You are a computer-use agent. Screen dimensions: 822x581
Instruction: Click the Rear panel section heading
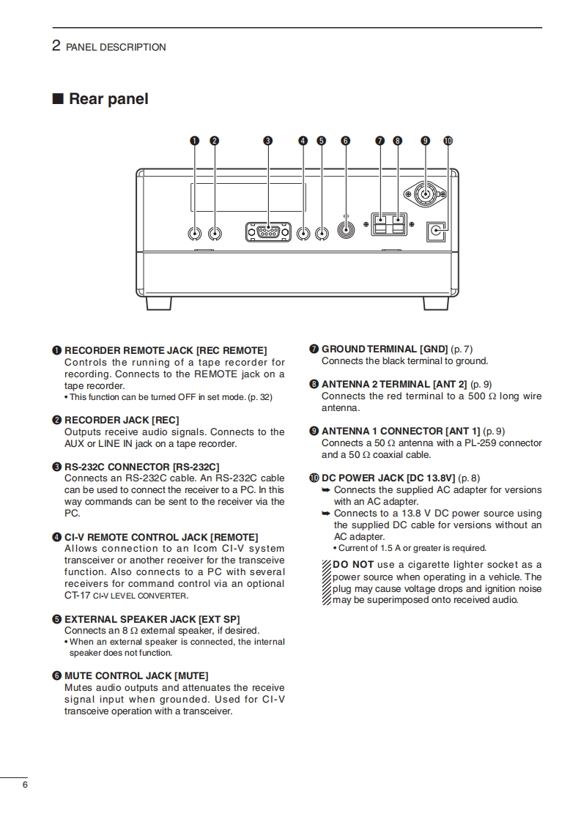tap(108, 99)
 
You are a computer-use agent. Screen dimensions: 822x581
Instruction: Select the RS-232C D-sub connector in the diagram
tap(268, 232)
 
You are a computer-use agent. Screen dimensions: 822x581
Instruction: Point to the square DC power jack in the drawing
tap(437, 232)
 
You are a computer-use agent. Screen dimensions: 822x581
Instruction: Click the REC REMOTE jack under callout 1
tap(195, 234)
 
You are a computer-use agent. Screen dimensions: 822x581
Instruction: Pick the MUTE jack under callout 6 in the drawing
tap(346, 229)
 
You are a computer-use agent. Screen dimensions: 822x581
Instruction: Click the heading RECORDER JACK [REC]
tap(122, 420)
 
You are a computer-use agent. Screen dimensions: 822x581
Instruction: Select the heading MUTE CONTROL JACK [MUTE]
tap(136, 675)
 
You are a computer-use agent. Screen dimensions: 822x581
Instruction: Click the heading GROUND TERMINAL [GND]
tap(385, 349)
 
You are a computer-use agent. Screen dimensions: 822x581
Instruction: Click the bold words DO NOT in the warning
tap(353, 564)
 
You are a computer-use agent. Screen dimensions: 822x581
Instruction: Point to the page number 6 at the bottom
tap(25, 785)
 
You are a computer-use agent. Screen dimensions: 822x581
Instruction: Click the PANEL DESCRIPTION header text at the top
tap(116, 47)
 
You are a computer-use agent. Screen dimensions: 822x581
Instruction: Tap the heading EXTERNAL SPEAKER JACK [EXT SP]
tap(152, 619)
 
